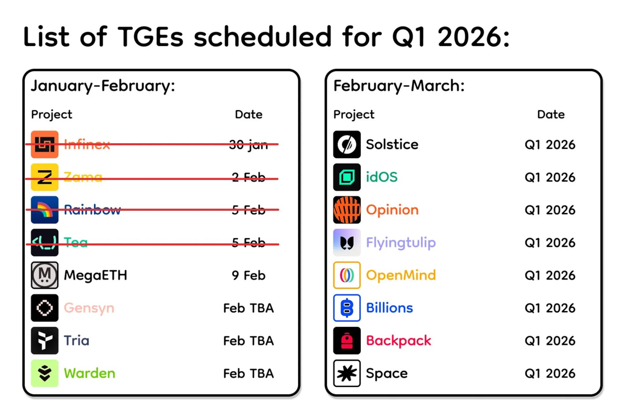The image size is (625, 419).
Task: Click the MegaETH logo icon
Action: pos(45,275)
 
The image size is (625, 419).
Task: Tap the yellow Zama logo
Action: pos(45,177)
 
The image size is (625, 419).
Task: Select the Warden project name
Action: pos(89,373)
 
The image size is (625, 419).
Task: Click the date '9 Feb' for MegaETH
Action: pos(248,275)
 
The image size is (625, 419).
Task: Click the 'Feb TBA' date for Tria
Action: pos(248,341)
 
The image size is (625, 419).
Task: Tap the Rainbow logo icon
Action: pos(45,210)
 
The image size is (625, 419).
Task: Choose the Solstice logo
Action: pos(347,145)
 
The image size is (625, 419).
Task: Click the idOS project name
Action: pos(382,177)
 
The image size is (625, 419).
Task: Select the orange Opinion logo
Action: pos(347,210)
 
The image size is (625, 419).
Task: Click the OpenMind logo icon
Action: pos(347,275)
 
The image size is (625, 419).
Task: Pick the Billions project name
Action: pos(389,308)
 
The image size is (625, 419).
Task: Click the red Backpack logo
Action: pos(347,340)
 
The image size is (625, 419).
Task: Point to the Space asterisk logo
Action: pos(347,373)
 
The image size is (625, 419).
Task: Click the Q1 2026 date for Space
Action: pos(550,373)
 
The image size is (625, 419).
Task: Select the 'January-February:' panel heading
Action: pos(103,86)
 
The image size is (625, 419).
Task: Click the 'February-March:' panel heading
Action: pos(399,86)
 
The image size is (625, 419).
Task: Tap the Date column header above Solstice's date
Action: pos(551,114)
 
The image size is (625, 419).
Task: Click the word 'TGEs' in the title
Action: pos(150,37)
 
